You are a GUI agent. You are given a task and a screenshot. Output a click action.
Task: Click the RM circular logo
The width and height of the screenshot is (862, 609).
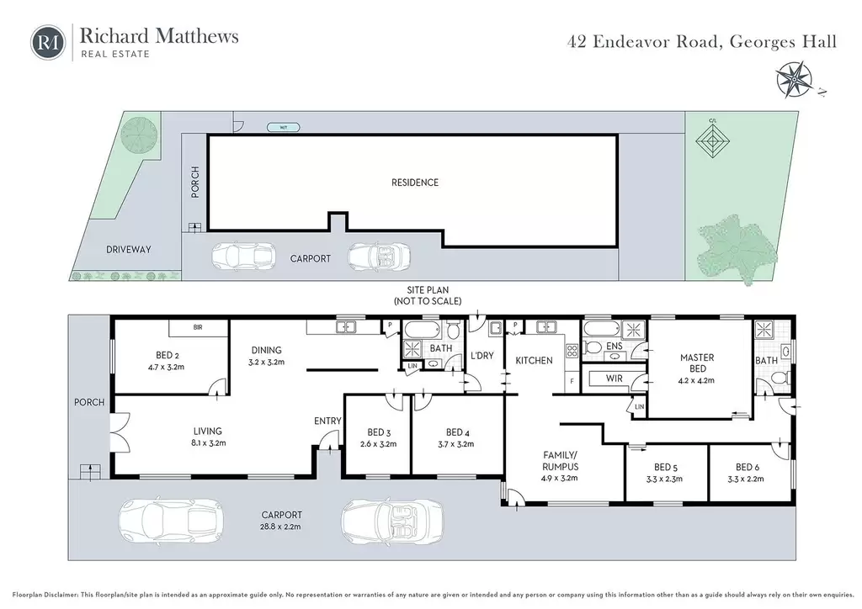(x=48, y=42)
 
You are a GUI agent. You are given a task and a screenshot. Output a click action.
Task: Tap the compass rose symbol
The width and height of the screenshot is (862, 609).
(x=795, y=80)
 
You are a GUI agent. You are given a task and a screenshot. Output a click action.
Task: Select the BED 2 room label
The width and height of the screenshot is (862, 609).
(x=168, y=355)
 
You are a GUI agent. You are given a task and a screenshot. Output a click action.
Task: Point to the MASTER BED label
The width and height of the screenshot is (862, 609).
(x=697, y=363)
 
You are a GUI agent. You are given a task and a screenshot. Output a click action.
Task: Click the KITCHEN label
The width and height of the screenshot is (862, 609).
(x=534, y=361)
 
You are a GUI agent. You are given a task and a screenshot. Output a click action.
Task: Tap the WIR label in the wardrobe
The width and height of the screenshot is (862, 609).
(x=614, y=379)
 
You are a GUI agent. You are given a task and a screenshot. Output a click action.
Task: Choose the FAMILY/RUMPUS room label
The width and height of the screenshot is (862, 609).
(x=560, y=461)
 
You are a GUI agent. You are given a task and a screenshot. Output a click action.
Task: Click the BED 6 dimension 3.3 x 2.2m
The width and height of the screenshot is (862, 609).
(x=748, y=479)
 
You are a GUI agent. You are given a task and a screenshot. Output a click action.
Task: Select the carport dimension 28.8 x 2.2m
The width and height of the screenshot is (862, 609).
(x=281, y=527)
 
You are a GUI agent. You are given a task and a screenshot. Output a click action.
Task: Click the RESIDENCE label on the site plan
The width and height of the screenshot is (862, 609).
(x=415, y=183)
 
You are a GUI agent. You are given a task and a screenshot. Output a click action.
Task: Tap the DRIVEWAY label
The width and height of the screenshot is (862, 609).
(x=128, y=249)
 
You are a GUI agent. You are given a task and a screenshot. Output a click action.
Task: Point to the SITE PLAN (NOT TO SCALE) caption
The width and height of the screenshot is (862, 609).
(x=428, y=295)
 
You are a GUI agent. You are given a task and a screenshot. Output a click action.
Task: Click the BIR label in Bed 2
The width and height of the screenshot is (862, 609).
(x=198, y=327)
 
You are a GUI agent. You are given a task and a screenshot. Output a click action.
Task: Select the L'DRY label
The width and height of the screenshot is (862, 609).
(x=482, y=355)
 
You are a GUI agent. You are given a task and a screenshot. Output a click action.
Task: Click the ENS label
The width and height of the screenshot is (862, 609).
(x=614, y=346)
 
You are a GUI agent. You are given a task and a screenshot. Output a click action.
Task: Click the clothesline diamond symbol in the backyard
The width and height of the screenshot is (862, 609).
(x=712, y=140)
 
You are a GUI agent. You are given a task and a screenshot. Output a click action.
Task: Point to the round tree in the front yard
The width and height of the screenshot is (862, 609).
(x=139, y=133)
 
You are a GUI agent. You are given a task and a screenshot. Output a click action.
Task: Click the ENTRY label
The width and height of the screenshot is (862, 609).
(x=327, y=421)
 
